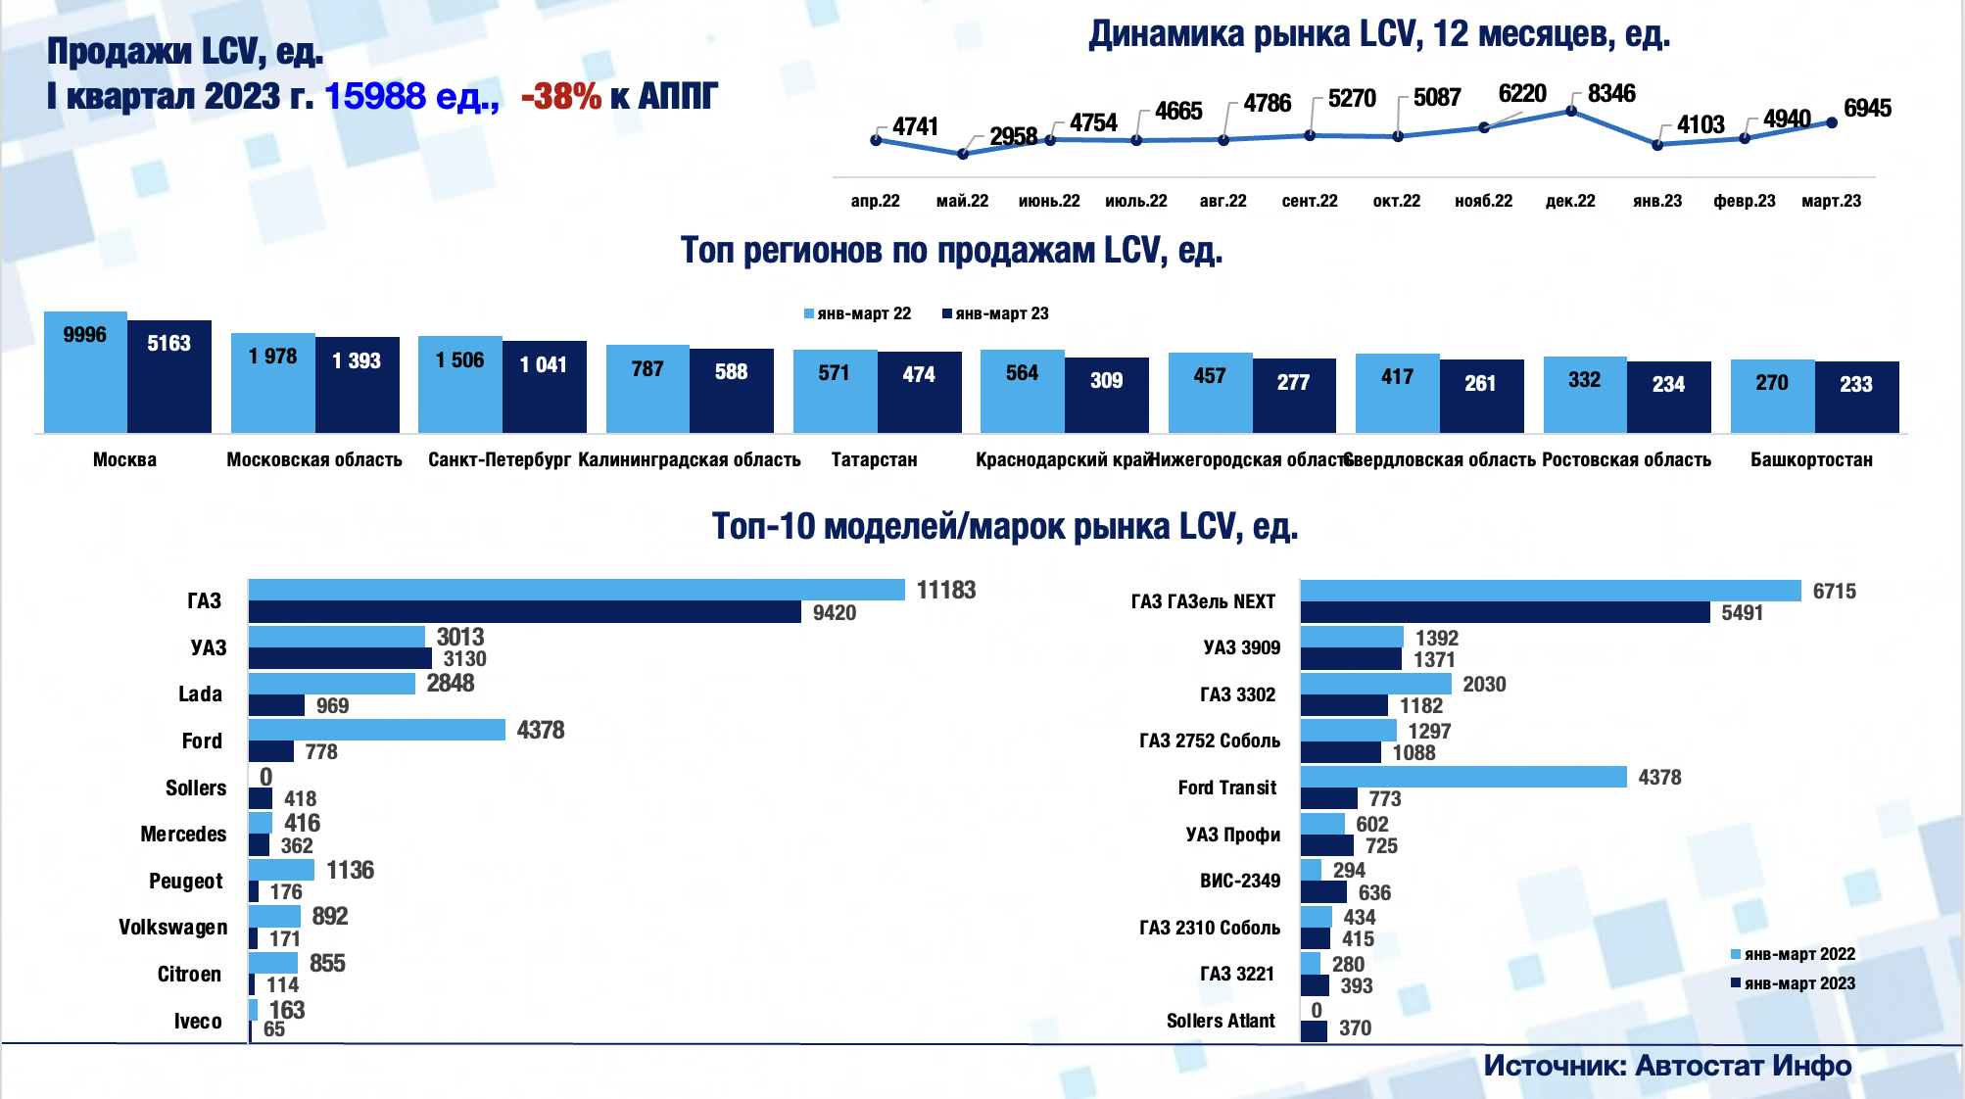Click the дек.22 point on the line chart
pos(1571,111)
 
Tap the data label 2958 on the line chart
pos(1013,136)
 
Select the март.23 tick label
pos(1831,201)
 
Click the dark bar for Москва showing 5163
pos(169,377)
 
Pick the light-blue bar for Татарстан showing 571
pos(835,392)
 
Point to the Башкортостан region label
pos(1811,459)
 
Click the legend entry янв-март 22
pos(858,313)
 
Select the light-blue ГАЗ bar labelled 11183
pos(576,590)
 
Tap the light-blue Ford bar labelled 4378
pos(376,730)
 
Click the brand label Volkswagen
pos(172,928)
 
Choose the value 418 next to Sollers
pos(300,798)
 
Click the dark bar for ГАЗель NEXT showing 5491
pos(1505,612)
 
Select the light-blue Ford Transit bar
pos(1463,777)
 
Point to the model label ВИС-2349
pos(1239,881)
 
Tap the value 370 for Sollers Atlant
pos(1355,1028)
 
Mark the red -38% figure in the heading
pos(560,96)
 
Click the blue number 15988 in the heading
pos(374,96)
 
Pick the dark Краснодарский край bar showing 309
pos(1106,395)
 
